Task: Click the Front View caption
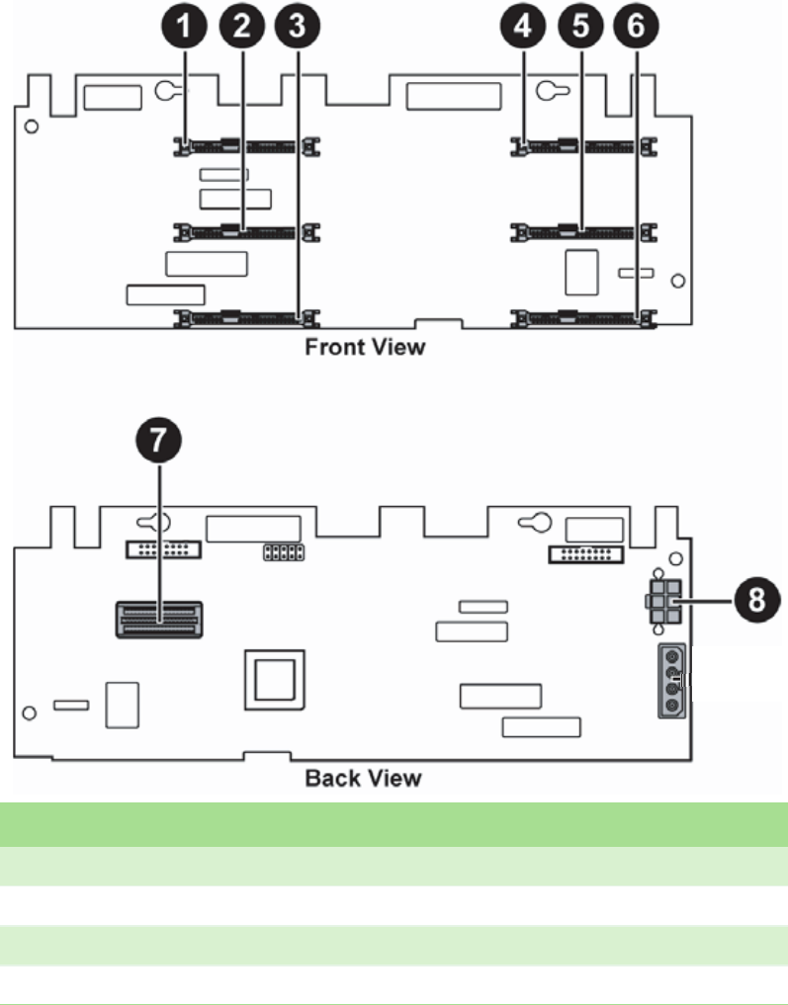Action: tap(365, 348)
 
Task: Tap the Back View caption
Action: tap(363, 778)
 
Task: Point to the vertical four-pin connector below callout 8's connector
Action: tap(671, 679)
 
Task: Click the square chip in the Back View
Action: tap(275, 681)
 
